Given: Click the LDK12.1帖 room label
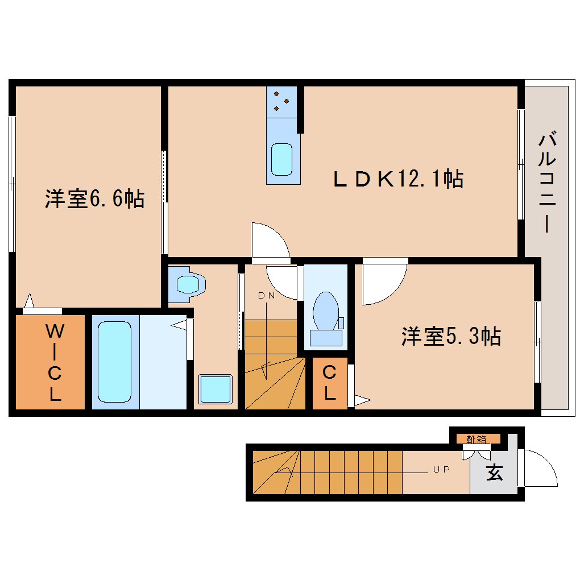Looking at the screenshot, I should (x=397, y=180).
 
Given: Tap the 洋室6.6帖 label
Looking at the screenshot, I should (x=94, y=199).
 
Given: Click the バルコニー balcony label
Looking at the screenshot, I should (x=546, y=182).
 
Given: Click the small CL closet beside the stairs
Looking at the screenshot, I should (x=329, y=383).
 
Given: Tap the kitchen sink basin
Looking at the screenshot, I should (x=281, y=159).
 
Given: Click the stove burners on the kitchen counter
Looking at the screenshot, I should (x=281, y=102).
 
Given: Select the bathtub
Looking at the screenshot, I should (x=115, y=362).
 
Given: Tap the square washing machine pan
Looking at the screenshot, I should (x=216, y=390).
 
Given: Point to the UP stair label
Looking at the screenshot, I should (x=441, y=470).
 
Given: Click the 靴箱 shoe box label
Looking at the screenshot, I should (x=477, y=438).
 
